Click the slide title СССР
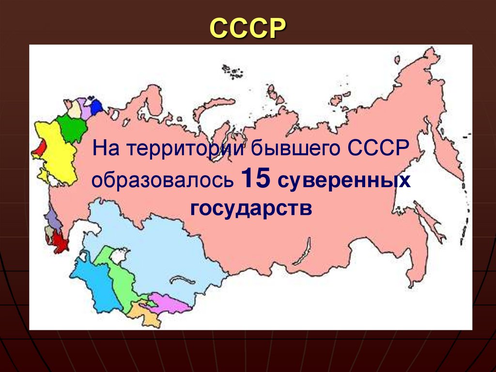pos(248,29)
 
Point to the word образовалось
pos(162,180)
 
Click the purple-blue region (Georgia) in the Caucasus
pos(53,221)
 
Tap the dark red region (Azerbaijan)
pos(60,240)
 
